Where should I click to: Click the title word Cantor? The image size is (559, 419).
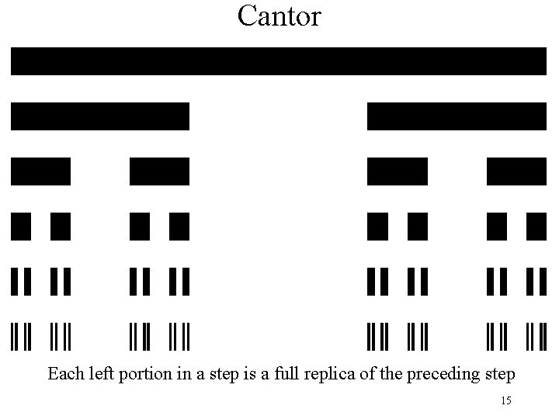(x=279, y=16)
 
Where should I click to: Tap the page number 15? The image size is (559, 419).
(x=506, y=400)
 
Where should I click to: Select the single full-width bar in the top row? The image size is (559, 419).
(x=279, y=61)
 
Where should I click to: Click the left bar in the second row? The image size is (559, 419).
(x=100, y=116)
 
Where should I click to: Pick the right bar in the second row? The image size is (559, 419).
(x=457, y=116)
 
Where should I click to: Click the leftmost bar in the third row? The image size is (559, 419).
(x=40, y=171)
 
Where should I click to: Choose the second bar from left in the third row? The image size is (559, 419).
(x=159, y=171)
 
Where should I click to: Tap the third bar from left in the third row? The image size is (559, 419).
(x=397, y=171)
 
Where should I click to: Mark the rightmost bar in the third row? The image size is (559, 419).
(x=516, y=171)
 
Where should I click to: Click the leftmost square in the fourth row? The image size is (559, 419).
(x=21, y=226)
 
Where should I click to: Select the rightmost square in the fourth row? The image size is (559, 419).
(x=536, y=226)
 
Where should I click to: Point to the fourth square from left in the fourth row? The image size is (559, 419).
(x=179, y=226)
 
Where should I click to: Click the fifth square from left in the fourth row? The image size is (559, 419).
(x=377, y=226)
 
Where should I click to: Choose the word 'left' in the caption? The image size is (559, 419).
(x=96, y=374)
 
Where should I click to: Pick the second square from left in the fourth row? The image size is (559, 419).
(x=61, y=226)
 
